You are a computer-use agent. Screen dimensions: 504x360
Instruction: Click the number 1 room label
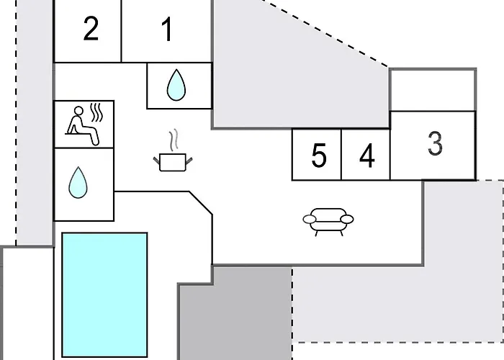tap(167, 30)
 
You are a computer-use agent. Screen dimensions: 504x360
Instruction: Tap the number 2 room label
tap(91, 29)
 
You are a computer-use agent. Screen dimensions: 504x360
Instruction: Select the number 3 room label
tap(435, 143)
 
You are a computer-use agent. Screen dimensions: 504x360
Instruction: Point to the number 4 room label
tap(367, 156)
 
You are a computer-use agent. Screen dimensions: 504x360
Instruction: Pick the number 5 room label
tap(318, 156)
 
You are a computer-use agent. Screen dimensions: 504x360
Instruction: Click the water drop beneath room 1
tap(176, 85)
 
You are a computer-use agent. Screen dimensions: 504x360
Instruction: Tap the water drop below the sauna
tap(78, 182)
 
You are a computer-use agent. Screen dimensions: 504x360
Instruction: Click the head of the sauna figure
tap(78, 111)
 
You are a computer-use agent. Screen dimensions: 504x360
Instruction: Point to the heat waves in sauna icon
tap(96, 112)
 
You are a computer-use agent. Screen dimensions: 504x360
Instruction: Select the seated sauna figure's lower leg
tap(94, 138)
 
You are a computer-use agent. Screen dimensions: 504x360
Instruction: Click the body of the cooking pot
tap(173, 163)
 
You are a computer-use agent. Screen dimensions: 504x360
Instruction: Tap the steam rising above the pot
tap(174, 140)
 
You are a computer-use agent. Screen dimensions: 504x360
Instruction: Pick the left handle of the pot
tap(156, 160)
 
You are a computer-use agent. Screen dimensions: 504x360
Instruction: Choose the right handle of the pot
tap(189, 160)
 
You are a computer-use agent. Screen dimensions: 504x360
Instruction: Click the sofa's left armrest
tap(310, 219)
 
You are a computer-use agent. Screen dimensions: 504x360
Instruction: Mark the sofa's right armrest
tap(347, 219)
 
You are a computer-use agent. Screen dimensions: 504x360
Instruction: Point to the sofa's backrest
tap(328, 212)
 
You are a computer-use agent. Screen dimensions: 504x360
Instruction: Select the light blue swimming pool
tap(104, 294)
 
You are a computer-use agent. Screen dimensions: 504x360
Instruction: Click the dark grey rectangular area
tap(235, 313)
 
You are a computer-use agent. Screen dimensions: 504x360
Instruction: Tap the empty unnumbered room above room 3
tap(433, 90)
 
